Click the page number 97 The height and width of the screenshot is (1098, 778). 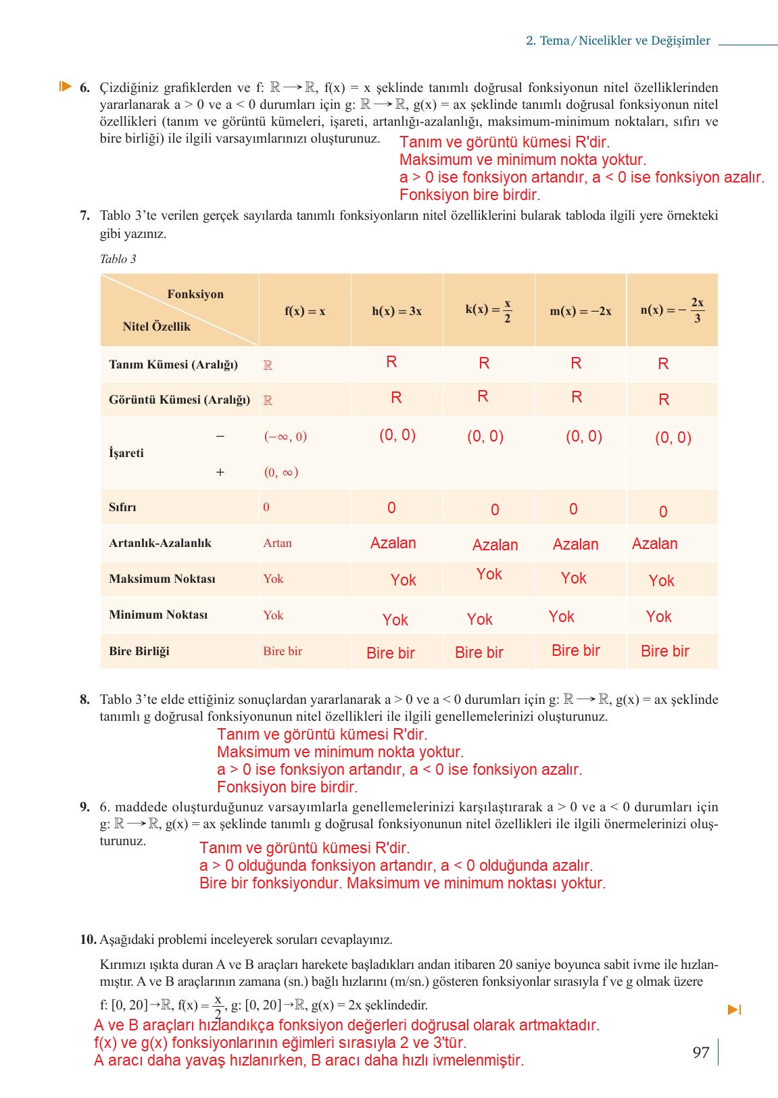(x=700, y=1052)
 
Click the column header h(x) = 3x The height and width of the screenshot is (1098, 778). (x=396, y=311)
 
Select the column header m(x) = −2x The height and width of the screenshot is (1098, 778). (x=580, y=311)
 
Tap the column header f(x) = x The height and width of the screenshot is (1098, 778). (x=304, y=311)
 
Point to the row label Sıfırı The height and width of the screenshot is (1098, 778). (x=122, y=507)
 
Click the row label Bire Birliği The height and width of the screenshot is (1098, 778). (x=139, y=651)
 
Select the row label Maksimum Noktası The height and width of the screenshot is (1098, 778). (x=162, y=579)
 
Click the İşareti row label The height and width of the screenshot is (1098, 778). (x=126, y=453)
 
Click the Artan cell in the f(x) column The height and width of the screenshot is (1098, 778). (x=278, y=543)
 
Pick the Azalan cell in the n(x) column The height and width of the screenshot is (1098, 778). (x=654, y=544)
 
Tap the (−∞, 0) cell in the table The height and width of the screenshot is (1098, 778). (x=285, y=436)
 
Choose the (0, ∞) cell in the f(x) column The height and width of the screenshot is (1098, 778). (x=281, y=472)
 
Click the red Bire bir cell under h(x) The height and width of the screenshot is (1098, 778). (x=390, y=652)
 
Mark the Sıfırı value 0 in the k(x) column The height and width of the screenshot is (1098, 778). (x=495, y=510)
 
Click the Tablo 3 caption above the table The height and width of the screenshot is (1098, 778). (x=118, y=259)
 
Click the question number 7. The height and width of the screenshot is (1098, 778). (x=84, y=216)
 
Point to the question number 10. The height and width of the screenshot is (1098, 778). (x=88, y=939)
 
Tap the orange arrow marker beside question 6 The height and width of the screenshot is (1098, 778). (x=65, y=87)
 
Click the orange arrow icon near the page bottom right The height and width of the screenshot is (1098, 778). (x=734, y=1010)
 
